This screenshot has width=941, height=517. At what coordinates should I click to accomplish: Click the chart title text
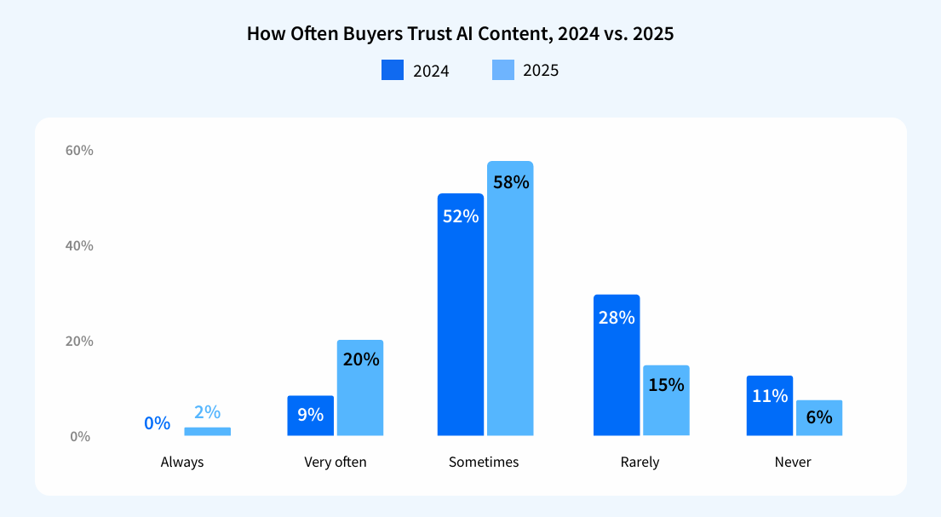pyautogui.click(x=460, y=34)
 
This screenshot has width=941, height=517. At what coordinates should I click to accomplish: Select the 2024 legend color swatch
pyautogui.click(x=393, y=70)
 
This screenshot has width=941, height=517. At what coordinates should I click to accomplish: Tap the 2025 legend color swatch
pyautogui.click(x=503, y=70)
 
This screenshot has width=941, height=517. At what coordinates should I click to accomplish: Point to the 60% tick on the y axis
pyautogui.click(x=79, y=151)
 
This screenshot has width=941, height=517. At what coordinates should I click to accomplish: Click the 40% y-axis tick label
pyautogui.click(x=79, y=246)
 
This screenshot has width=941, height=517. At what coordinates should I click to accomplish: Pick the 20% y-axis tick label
pyautogui.click(x=79, y=342)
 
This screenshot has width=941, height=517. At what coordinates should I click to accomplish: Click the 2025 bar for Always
pyautogui.click(x=207, y=431)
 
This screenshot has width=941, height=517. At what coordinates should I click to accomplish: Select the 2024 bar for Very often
pyautogui.click(x=310, y=416)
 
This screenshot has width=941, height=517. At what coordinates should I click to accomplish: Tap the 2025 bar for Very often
pyautogui.click(x=360, y=388)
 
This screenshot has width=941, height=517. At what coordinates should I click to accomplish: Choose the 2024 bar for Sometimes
pyautogui.click(x=460, y=315)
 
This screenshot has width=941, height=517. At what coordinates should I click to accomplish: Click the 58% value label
pyautogui.click(x=510, y=182)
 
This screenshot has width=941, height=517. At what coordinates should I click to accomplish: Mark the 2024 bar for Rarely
pyautogui.click(x=616, y=365)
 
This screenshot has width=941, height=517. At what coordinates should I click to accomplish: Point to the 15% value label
pyautogui.click(x=666, y=384)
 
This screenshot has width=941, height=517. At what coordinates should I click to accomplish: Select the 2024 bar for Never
pyautogui.click(x=770, y=406)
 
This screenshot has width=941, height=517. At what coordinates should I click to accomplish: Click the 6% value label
pyautogui.click(x=819, y=417)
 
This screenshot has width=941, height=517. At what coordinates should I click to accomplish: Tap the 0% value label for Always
pyautogui.click(x=158, y=422)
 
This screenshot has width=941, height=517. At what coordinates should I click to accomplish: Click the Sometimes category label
pyautogui.click(x=484, y=462)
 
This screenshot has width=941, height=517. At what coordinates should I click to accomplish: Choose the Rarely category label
pyautogui.click(x=640, y=462)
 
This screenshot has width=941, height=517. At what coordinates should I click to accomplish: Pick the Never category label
pyautogui.click(x=793, y=462)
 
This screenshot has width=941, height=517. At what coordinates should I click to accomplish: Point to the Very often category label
pyautogui.click(x=336, y=462)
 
